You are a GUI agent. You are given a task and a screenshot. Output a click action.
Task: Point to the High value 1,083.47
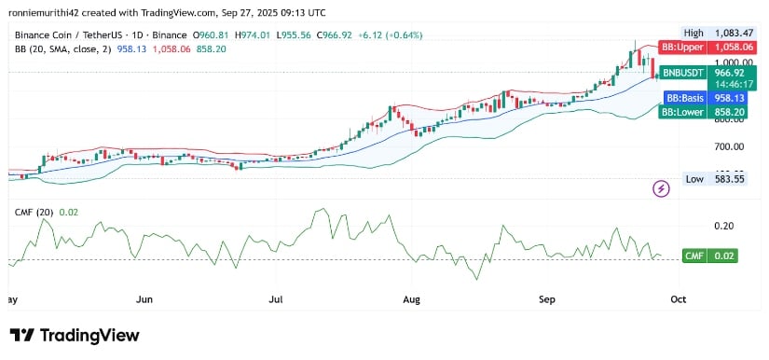coord(718,32)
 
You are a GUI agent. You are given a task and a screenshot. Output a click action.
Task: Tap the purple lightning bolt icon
coord(662,188)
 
